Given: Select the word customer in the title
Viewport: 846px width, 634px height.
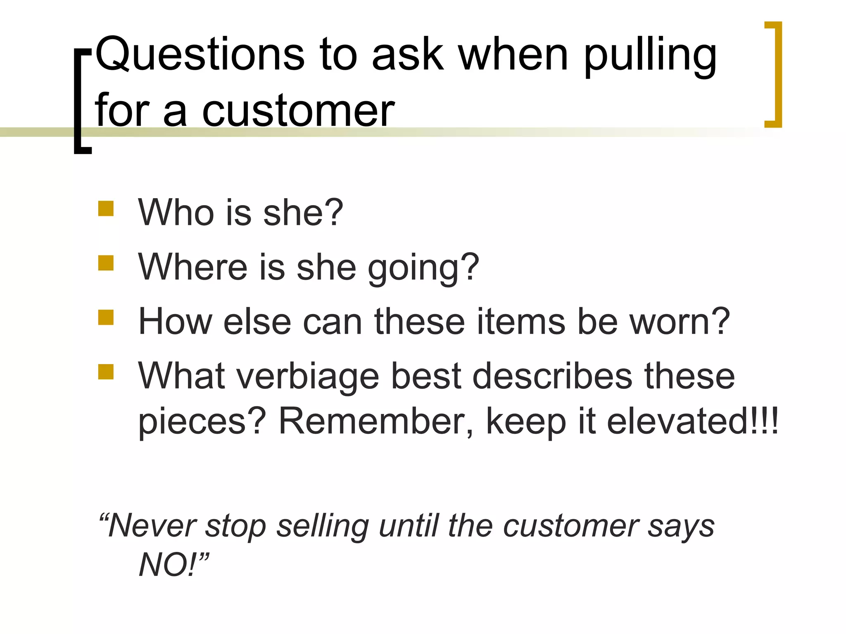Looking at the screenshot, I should (x=298, y=111).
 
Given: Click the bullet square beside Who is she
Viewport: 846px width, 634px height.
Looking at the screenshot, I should (x=106, y=208).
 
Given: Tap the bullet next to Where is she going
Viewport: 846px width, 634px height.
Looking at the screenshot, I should (x=106, y=263).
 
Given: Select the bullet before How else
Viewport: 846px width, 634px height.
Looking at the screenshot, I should (x=106, y=317).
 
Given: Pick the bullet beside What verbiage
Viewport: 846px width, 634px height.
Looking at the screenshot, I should (x=106, y=371).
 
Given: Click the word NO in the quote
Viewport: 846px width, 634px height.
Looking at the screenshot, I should (x=165, y=565).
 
